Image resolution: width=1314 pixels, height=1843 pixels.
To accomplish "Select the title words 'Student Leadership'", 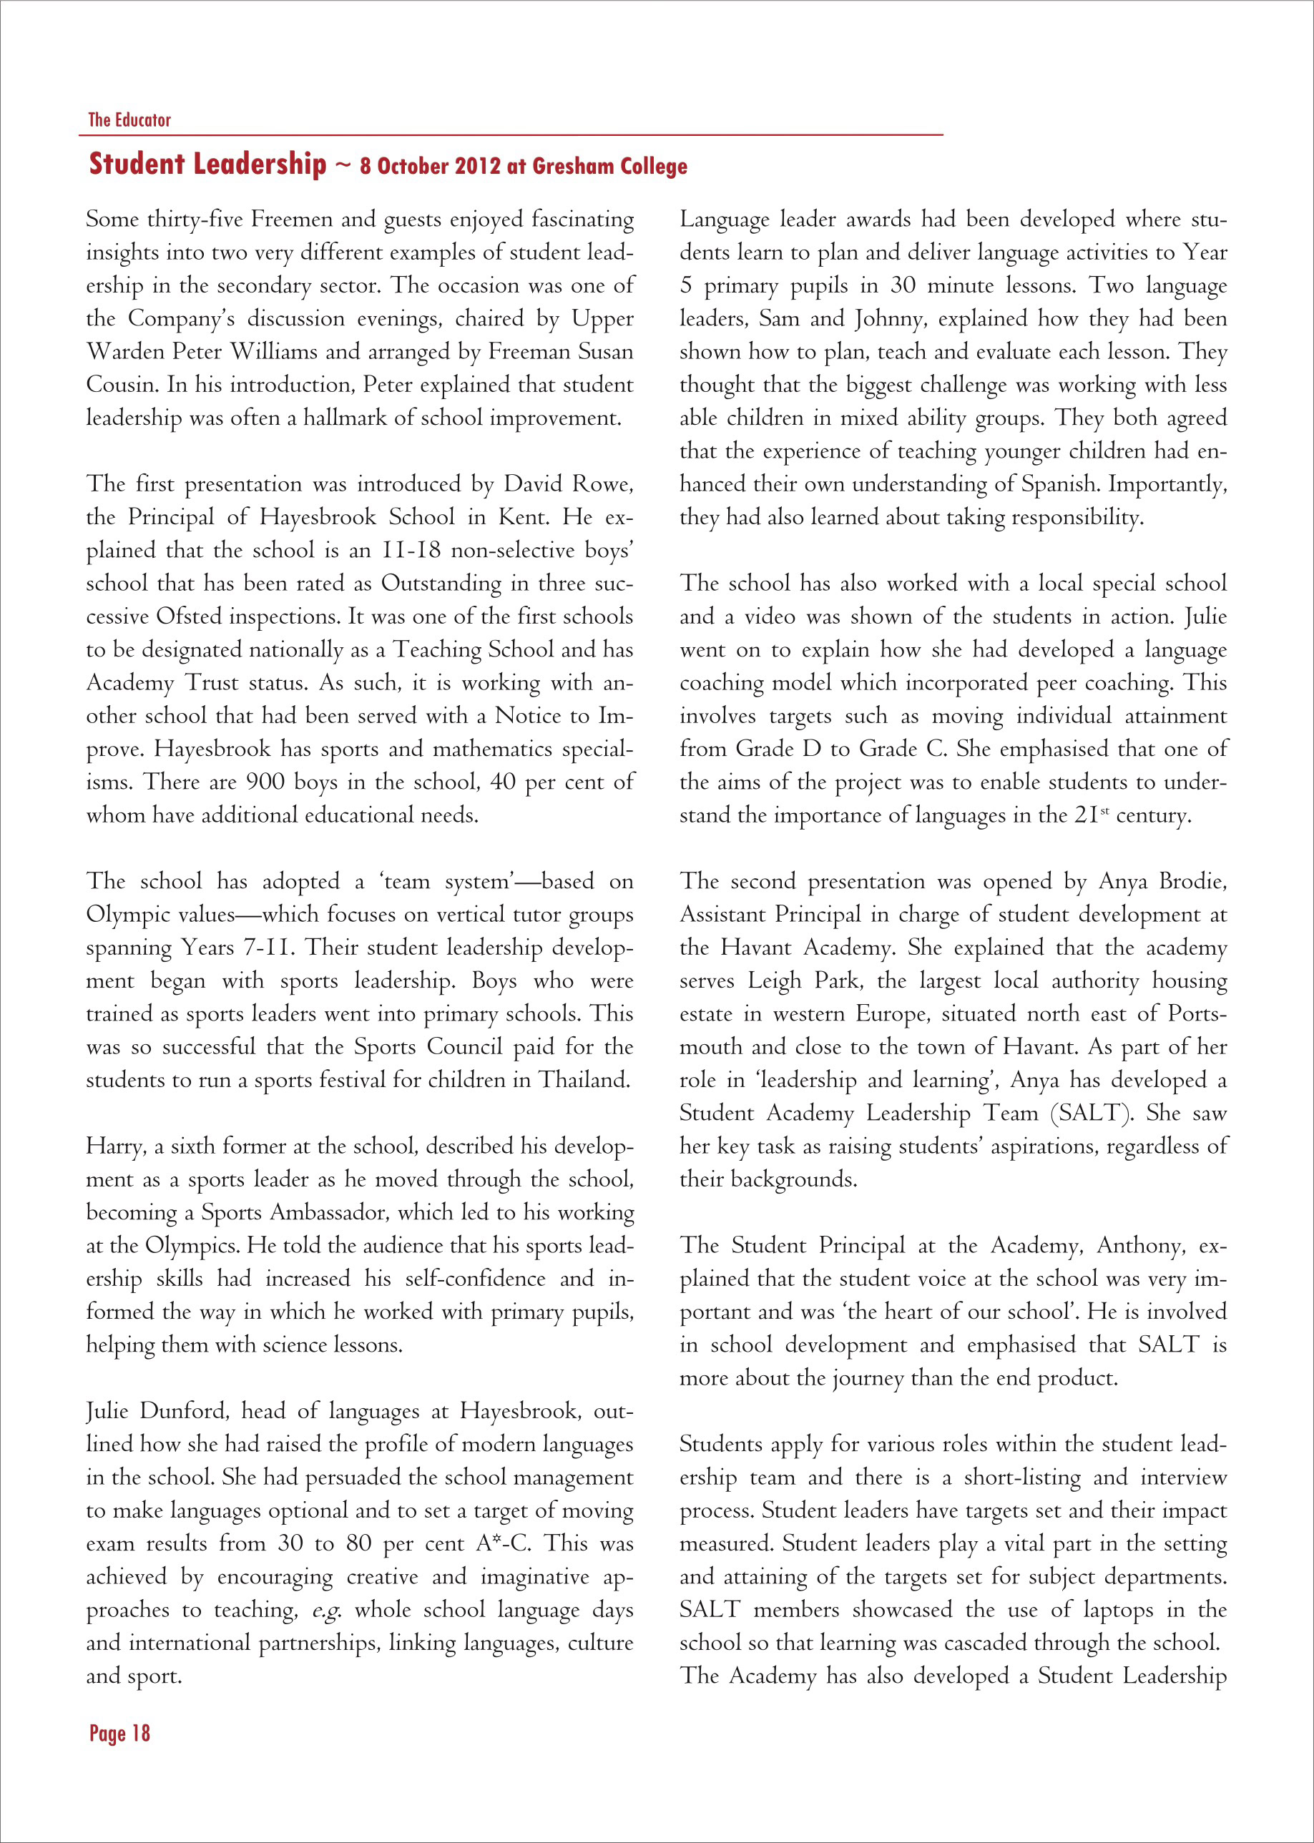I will tap(208, 164).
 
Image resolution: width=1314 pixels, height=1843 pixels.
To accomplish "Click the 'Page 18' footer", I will tap(119, 1733).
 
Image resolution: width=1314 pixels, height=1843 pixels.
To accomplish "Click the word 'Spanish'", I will tap(1059, 485).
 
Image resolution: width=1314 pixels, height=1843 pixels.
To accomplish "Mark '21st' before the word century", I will tap(1091, 815).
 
